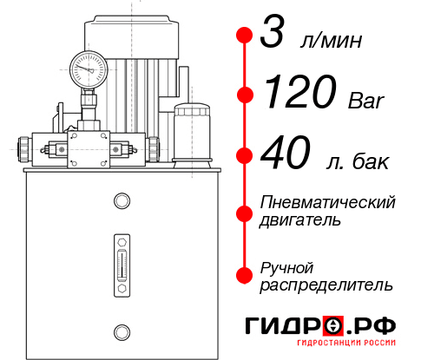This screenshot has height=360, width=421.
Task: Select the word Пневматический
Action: click(x=328, y=202)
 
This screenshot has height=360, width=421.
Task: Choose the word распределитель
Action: click(x=326, y=284)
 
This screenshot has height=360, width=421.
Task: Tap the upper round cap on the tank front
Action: click(x=122, y=202)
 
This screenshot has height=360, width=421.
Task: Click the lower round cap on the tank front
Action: click(x=122, y=331)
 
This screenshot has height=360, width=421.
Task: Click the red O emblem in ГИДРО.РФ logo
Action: click(x=333, y=326)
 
